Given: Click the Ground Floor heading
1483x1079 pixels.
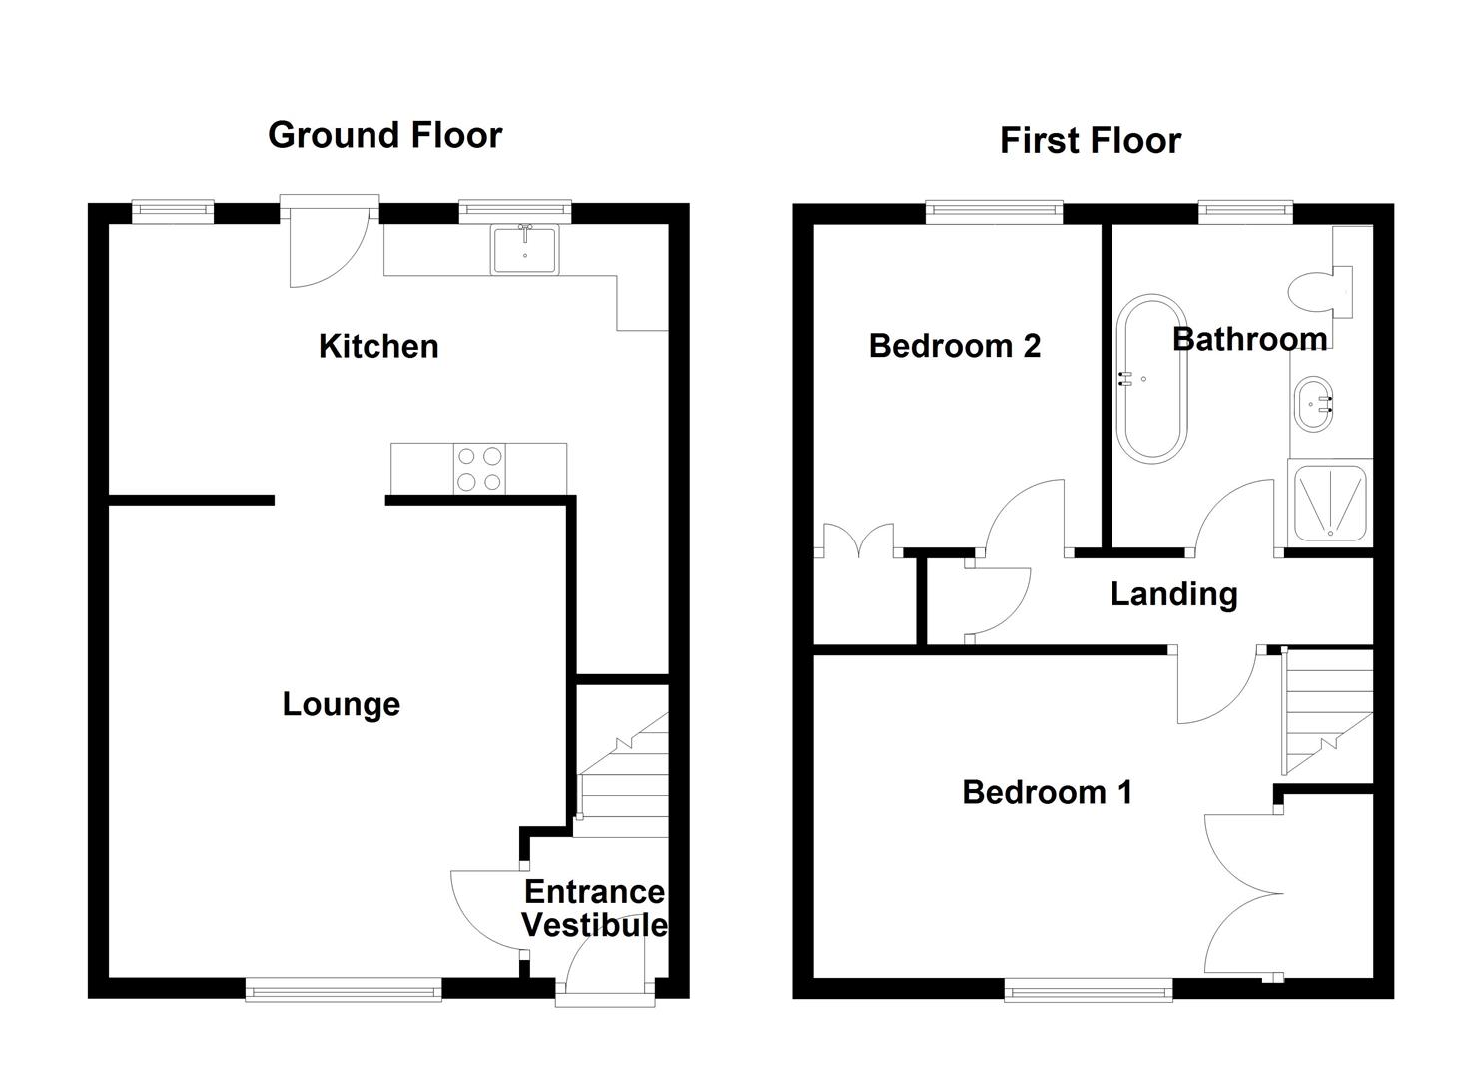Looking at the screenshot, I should click(384, 135).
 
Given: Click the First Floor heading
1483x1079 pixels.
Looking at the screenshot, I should click(1090, 141).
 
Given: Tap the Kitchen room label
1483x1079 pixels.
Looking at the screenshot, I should click(378, 346).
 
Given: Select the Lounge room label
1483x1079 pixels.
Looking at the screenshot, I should click(341, 704).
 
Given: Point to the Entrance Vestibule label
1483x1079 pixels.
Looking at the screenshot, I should click(594, 908).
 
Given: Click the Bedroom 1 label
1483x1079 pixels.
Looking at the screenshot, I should click(1047, 792).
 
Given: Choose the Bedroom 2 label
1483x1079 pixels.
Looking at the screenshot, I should click(954, 346).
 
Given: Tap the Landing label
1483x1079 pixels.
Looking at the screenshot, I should click(1173, 594).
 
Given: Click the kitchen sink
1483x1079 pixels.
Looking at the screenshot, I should click(525, 249).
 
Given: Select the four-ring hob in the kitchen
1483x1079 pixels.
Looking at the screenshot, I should click(478, 469).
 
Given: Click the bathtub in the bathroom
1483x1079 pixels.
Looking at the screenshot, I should click(1151, 378).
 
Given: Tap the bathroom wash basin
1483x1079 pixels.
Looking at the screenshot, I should click(1313, 404).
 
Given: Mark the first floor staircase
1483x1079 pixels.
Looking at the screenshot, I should click(1326, 711).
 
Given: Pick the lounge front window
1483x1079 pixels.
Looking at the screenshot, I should click(343, 990).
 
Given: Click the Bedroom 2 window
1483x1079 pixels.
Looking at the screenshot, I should click(993, 210).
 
